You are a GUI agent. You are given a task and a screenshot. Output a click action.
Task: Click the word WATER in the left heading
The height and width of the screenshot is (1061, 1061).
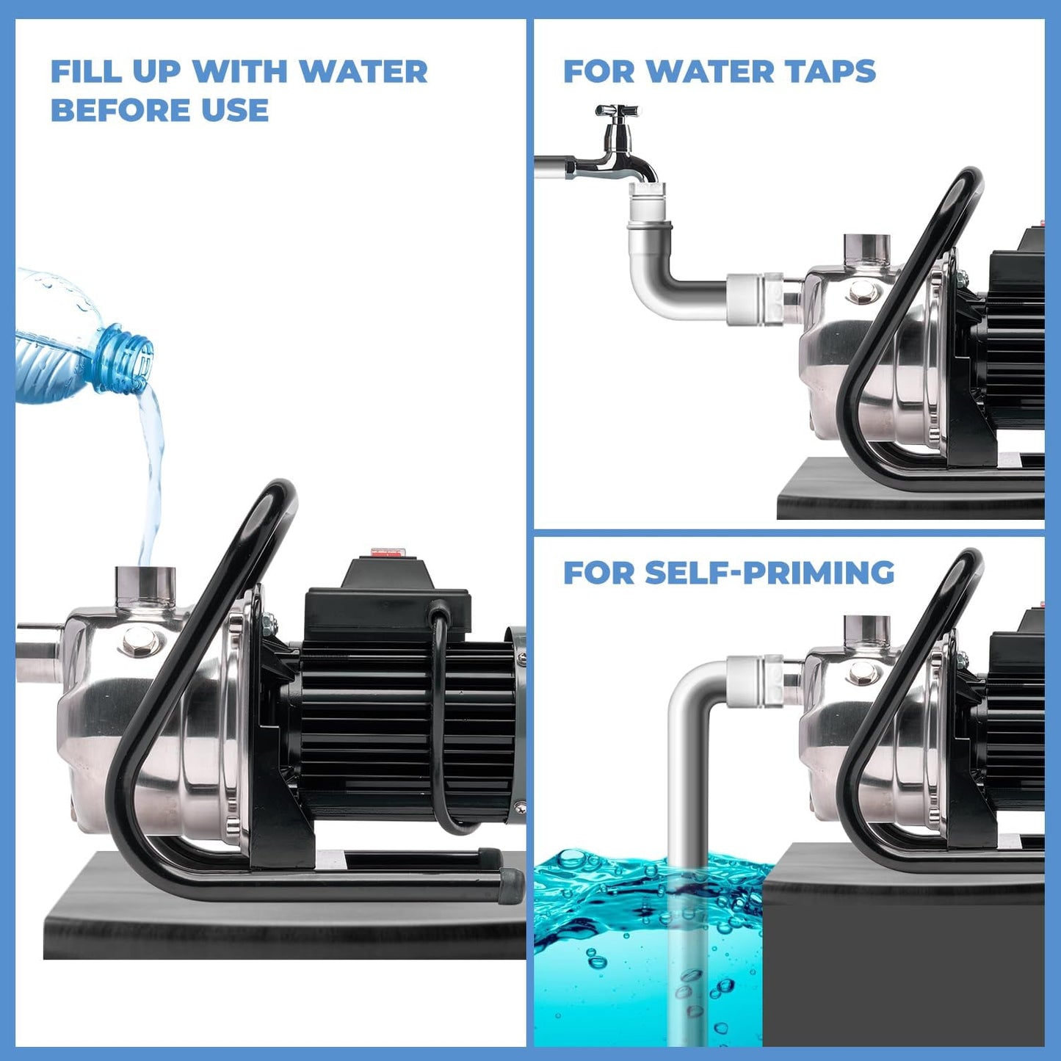[x=364, y=72]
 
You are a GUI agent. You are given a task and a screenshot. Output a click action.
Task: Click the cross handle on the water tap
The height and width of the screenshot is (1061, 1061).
[x=617, y=112]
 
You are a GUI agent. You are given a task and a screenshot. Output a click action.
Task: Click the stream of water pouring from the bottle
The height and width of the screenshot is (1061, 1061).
[x=153, y=470]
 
